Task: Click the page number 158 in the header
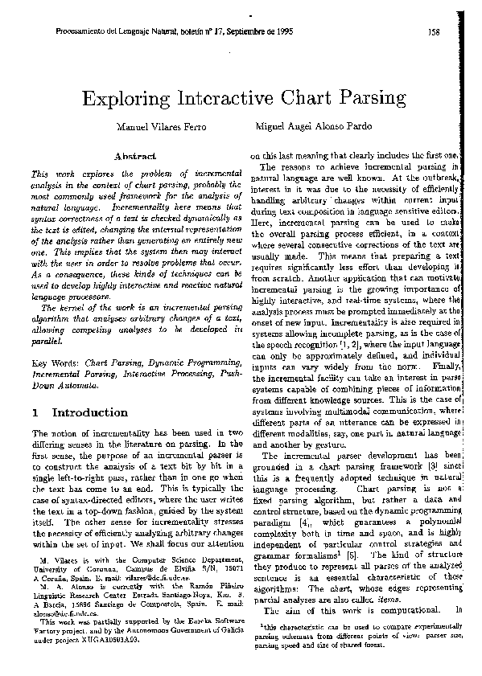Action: click(434, 32)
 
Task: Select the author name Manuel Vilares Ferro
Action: click(163, 127)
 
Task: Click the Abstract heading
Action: click(134, 154)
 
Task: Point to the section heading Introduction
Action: click(89, 412)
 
